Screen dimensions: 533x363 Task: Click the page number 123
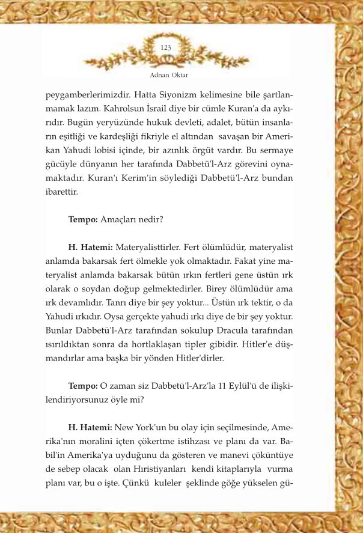[x=166, y=47]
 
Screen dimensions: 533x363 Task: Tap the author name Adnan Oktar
[x=166, y=76]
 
